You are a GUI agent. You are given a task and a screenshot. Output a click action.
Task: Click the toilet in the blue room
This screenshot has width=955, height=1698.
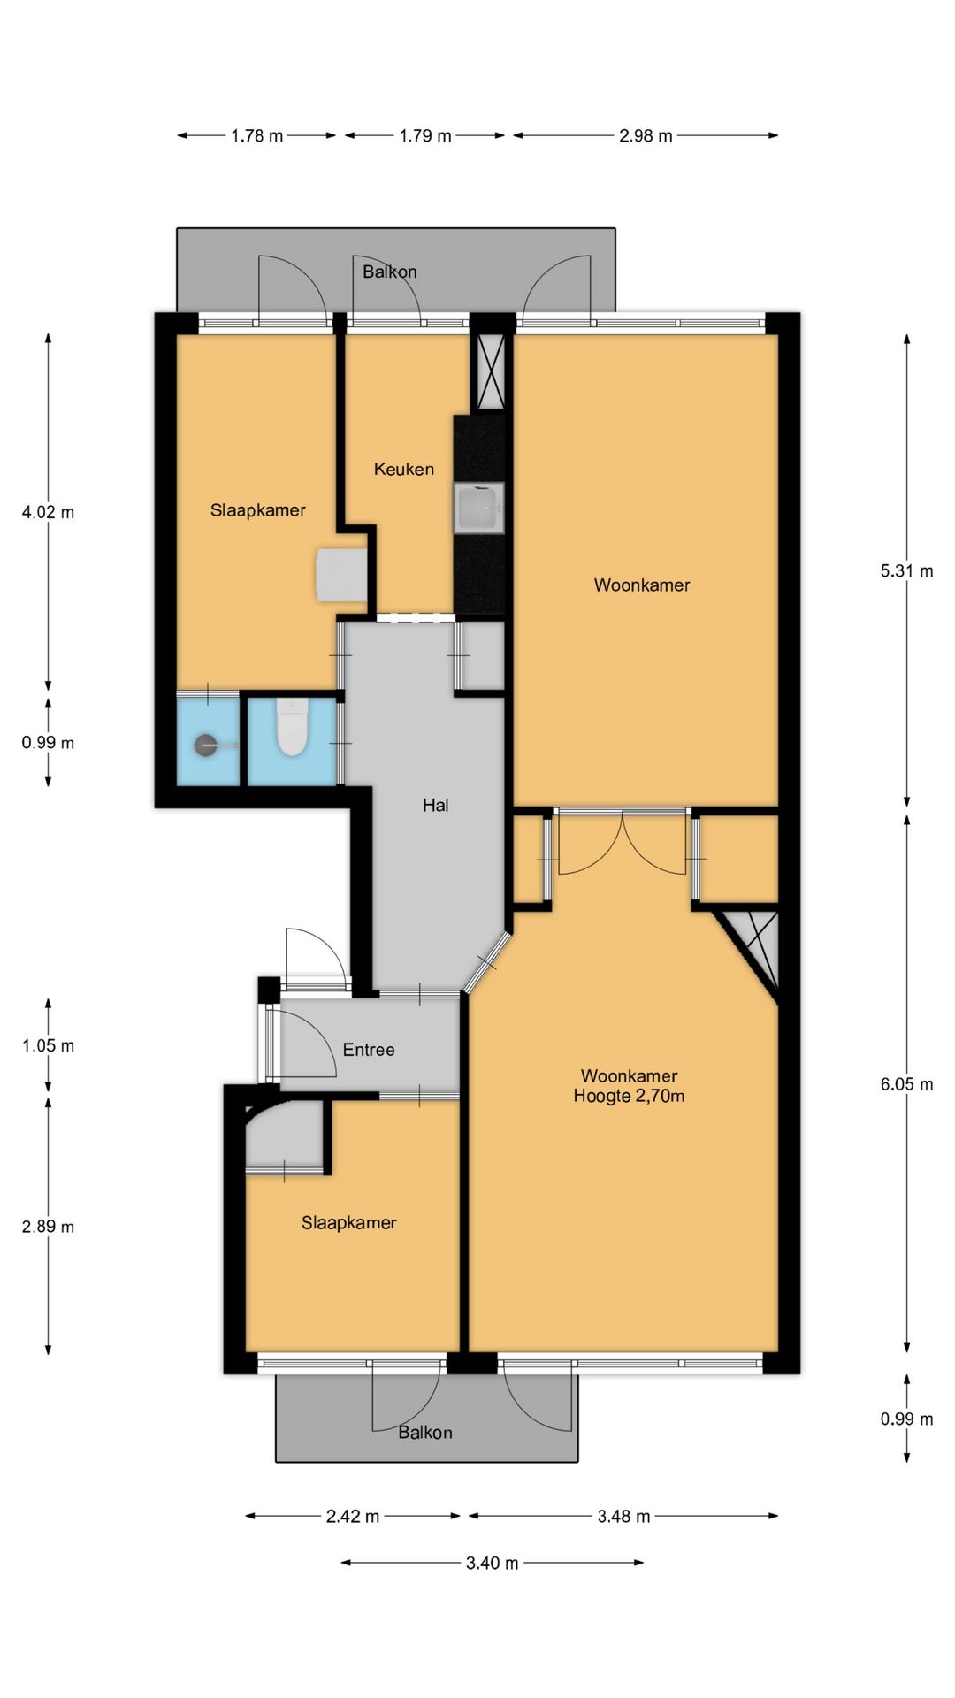pyautogui.click(x=290, y=728)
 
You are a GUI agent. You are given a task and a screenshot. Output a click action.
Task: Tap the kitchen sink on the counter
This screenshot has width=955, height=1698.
pyautogui.click(x=478, y=509)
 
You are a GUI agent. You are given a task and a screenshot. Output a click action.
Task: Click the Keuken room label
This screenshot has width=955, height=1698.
pyautogui.click(x=404, y=470)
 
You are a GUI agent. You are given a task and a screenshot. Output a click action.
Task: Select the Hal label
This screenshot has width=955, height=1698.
pyautogui.click(x=436, y=805)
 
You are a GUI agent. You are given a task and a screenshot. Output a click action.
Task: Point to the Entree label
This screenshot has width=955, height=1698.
pyautogui.click(x=369, y=1050)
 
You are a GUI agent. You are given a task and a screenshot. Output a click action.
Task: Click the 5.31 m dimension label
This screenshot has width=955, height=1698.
pyautogui.click(x=906, y=571)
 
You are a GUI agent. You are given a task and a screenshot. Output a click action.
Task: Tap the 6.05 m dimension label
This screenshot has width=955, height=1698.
pyautogui.click(x=906, y=1084)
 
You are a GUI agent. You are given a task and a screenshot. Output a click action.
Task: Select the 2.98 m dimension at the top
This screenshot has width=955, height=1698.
pyautogui.click(x=646, y=136)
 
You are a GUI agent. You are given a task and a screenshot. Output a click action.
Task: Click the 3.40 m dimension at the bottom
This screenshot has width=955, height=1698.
pyautogui.click(x=493, y=1563)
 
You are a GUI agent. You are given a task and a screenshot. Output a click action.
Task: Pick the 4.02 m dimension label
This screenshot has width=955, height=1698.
pyautogui.click(x=48, y=512)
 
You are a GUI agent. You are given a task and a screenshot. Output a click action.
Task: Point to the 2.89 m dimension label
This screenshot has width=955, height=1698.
pyautogui.click(x=48, y=1227)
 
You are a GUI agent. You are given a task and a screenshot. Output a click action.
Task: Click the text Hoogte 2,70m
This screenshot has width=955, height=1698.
pyautogui.click(x=629, y=1097)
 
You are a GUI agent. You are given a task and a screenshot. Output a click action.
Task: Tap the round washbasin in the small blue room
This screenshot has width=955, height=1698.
pyautogui.click(x=207, y=746)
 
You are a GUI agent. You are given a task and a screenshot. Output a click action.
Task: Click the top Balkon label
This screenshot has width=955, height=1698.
pyautogui.click(x=390, y=272)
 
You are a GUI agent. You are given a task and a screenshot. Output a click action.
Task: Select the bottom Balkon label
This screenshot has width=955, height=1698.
pyautogui.click(x=425, y=1433)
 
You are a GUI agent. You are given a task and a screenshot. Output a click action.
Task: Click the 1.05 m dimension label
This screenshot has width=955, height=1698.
pyautogui.click(x=48, y=1046)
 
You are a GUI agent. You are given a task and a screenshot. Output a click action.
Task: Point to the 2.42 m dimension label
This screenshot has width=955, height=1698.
pyautogui.click(x=353, y=1517)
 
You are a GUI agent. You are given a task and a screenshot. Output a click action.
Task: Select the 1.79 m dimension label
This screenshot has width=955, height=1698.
pyautogui.click(x=425, y=136)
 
